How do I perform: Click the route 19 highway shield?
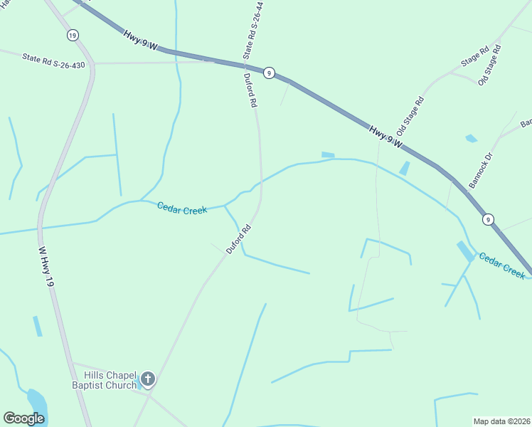[73, 35]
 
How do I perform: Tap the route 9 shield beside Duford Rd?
[269, 73]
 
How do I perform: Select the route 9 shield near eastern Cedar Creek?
[488, 219]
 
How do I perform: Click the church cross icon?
[148, 379]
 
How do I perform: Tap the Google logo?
[23, 418]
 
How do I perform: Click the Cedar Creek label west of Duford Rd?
[182, 209]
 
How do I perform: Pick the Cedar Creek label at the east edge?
[502, 265]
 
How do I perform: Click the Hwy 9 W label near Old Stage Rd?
[386, 137]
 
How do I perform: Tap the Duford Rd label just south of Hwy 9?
[250, 90]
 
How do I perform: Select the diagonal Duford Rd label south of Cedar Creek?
[239, 240]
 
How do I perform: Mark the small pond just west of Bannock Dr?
[471, 138]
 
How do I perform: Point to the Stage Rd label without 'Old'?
[474, 57]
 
